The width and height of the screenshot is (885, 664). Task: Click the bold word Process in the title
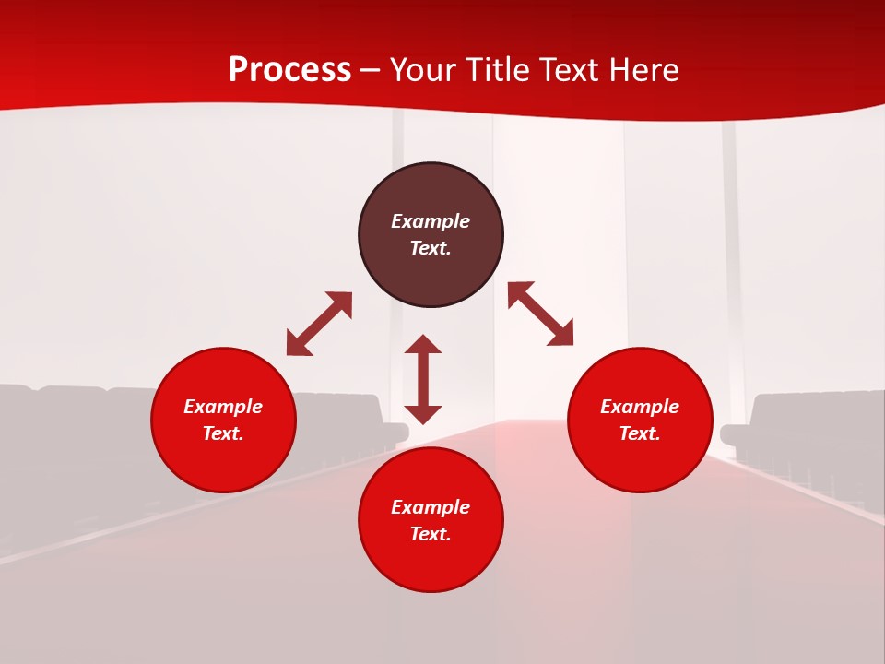click(x=289, y=70)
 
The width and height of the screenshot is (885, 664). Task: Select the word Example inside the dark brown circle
click(x=431, y=221)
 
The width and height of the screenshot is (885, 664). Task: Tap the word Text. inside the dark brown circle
click(x=431, y=248)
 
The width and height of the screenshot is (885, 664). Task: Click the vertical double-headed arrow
click(x=423, y=379)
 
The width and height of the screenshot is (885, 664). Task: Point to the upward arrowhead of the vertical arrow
click(x=423, y=344)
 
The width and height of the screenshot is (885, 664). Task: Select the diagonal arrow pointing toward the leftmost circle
click(x=319, y=324)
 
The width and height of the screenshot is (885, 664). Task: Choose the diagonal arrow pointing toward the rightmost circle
click(x=541, y=314)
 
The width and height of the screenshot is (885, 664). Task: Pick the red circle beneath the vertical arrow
click(x=431, y=563)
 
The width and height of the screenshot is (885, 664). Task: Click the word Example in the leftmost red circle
click(x=223, y=407)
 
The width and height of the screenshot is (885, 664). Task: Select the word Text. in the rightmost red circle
click(x=640, y=433)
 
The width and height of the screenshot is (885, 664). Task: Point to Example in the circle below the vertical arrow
click(x=431, y=507)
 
